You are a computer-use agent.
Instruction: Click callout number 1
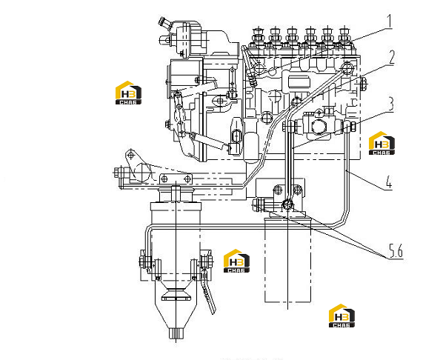pyautogui.click(x=389, y=21)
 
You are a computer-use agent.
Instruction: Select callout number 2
pyautogui.click(x=390, y=58)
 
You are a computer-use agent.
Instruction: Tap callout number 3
pyautogui.click(x=390, y=104)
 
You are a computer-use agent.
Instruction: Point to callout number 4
pyautogui.click(x=389, y=182)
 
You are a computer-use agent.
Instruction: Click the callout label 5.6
pyautogui.click(x=396, y=250)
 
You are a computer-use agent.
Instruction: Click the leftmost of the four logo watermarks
pyautogui.click(x=128, y=93)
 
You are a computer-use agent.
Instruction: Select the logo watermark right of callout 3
pyautogui.click(x=381, y=143)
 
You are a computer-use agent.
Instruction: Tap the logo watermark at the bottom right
pyautogui.click(x=341, y=316)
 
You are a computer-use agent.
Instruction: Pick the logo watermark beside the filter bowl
pyautogui.click(x=236, y=261)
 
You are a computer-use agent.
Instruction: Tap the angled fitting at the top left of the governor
pyautogui.click(x=164, y=23)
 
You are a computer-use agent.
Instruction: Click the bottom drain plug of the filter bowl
pyautogui.click(x=176, y=333)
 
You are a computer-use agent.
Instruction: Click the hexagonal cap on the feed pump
pyautogui.click(x=319, y=127)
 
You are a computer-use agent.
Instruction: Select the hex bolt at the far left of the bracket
pyautogui.click(x=118, y=172)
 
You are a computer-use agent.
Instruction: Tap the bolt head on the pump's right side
pyautogui.click(x=362, y=84)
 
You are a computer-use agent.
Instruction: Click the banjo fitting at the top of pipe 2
pyautogui.click(x=347, y=68)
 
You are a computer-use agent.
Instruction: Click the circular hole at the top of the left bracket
pyautogui.click(x=130, y=155)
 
